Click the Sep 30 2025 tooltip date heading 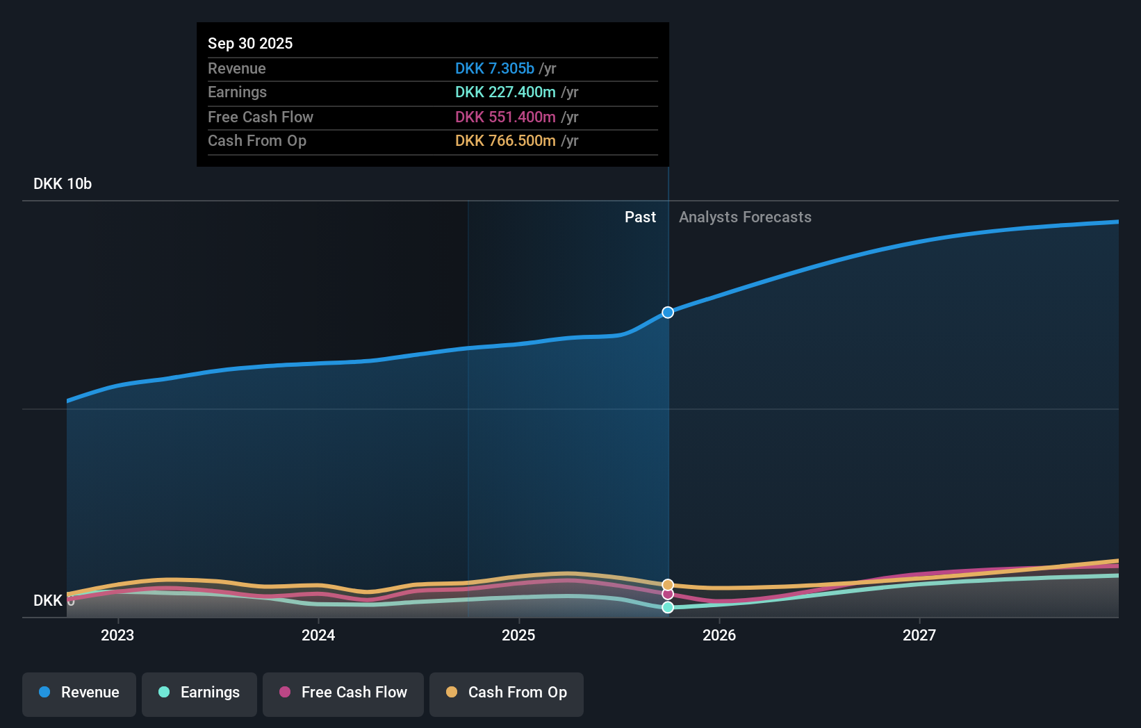coord(250,43)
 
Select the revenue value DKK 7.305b coord(494,68)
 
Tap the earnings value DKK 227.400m coord(505,92)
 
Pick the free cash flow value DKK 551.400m coord(505,117)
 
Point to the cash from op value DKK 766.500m coord(505,140)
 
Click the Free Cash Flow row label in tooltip coord(261,117)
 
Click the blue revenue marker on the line coord(668,313)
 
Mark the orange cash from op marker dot coord(668,585)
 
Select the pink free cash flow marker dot coord(668,594)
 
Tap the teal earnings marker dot coord(668,607)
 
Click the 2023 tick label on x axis coord(117,635)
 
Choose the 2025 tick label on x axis coord(518,635)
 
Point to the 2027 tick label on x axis coord(919,635)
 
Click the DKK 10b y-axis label coord(63,183)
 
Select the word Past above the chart coord(640,217)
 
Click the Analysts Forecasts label coord(745,217)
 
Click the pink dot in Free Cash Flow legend coord(285,692)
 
